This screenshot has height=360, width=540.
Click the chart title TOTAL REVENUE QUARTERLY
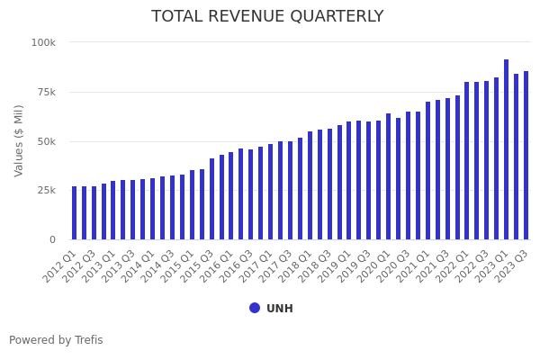point(267,17)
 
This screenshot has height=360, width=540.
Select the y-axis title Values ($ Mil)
point(19,139)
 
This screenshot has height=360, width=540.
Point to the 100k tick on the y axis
point(43,42)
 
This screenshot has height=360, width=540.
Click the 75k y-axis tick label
point(45,92)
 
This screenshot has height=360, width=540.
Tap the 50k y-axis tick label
point(45,141)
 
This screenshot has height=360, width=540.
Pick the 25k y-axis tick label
point(45,191)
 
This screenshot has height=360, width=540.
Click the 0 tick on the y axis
point(52,239)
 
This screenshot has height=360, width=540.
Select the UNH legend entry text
point(280,309)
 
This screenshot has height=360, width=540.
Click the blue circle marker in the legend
point(255,308)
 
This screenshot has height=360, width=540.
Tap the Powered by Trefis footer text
point(56,340)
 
